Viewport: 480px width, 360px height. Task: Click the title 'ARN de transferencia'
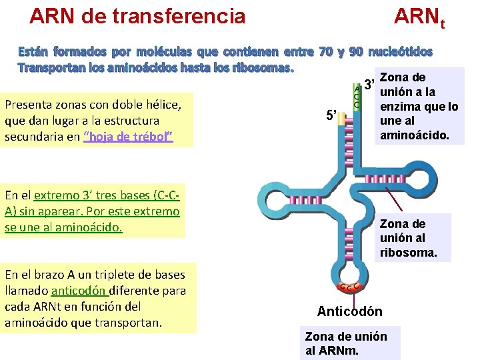(x=138, y=16)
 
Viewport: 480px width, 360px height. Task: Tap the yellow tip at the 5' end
(x=343, y=119)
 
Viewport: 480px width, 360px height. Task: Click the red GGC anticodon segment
(x=351, y=288)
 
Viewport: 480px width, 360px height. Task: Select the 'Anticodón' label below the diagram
(x=349, y=311)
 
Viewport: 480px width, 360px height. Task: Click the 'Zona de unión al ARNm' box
(x=349, y=343)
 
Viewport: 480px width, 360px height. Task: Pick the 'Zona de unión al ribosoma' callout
(x=412, y=238)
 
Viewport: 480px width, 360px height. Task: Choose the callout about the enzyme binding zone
(x=419, y=107)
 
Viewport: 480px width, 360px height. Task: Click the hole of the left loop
(x=275, y=199)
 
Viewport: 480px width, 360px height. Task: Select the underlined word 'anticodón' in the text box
(x=79, y=291)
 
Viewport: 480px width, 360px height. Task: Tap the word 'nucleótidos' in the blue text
(x=400, y=51)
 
